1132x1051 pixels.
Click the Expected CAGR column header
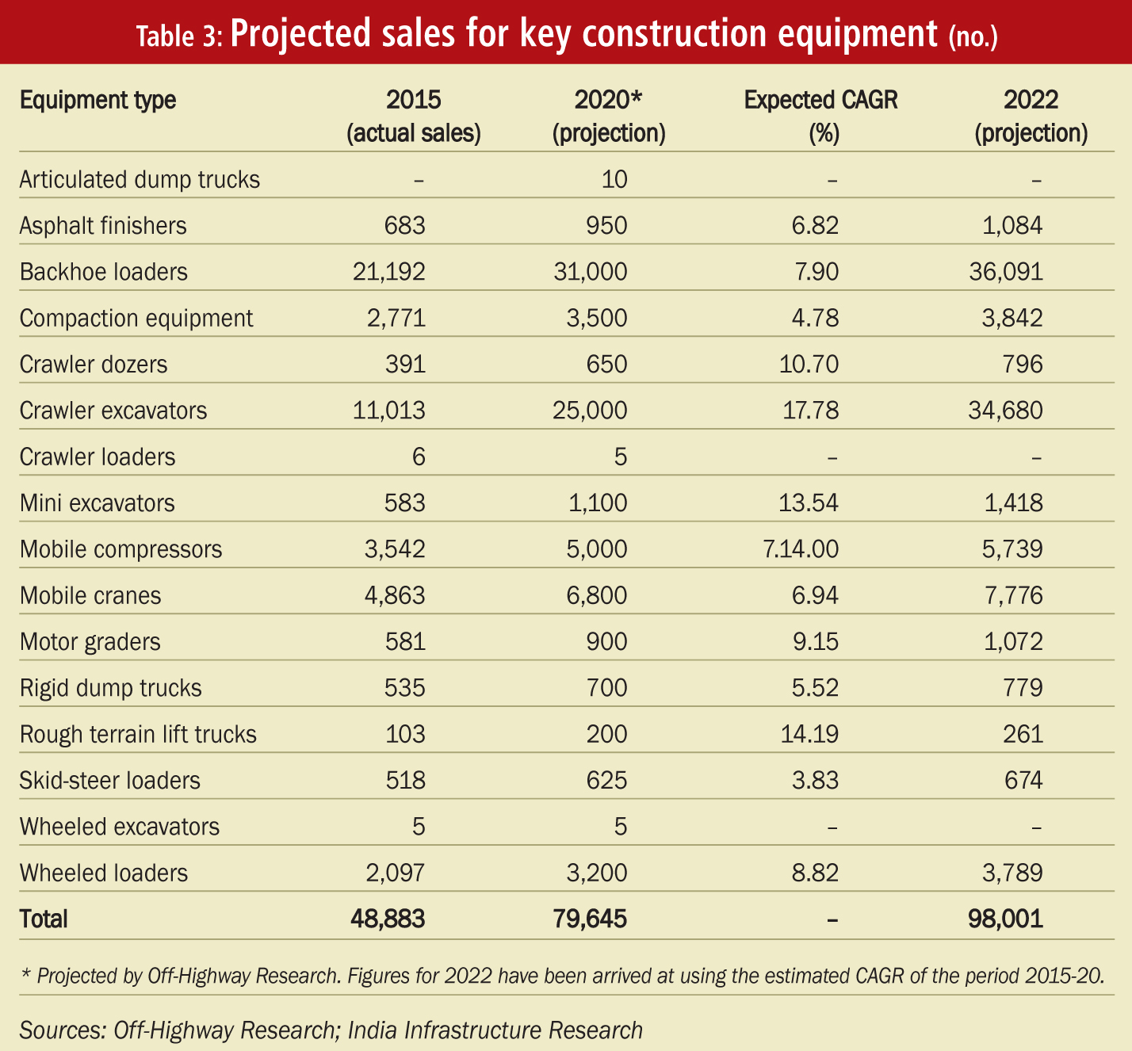tap(820, 117)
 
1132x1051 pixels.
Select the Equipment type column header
tap(98, 101)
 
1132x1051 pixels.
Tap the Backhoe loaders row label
tap(103, 272)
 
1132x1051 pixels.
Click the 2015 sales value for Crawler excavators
tap(388, 411)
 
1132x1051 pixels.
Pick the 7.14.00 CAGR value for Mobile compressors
tap(801, 548)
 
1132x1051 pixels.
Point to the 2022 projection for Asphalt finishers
tap(1012, 226)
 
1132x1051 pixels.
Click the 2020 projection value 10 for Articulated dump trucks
tap(614, 180)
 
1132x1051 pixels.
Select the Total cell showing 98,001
tap(1005, 919)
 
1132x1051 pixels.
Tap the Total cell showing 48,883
tap(388, 919)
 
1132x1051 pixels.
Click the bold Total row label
tap(44, 919)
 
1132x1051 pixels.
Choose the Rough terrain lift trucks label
tap(138, 734)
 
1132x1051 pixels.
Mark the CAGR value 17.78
tap(810, 411)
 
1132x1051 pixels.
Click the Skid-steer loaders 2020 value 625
tap(607, 780)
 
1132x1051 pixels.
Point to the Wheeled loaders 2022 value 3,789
tap(1012, 873)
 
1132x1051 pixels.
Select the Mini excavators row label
tap(97, 503)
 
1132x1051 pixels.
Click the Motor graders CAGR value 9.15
tap(815, 642)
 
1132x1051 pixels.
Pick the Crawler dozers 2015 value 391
tap(405, 364)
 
